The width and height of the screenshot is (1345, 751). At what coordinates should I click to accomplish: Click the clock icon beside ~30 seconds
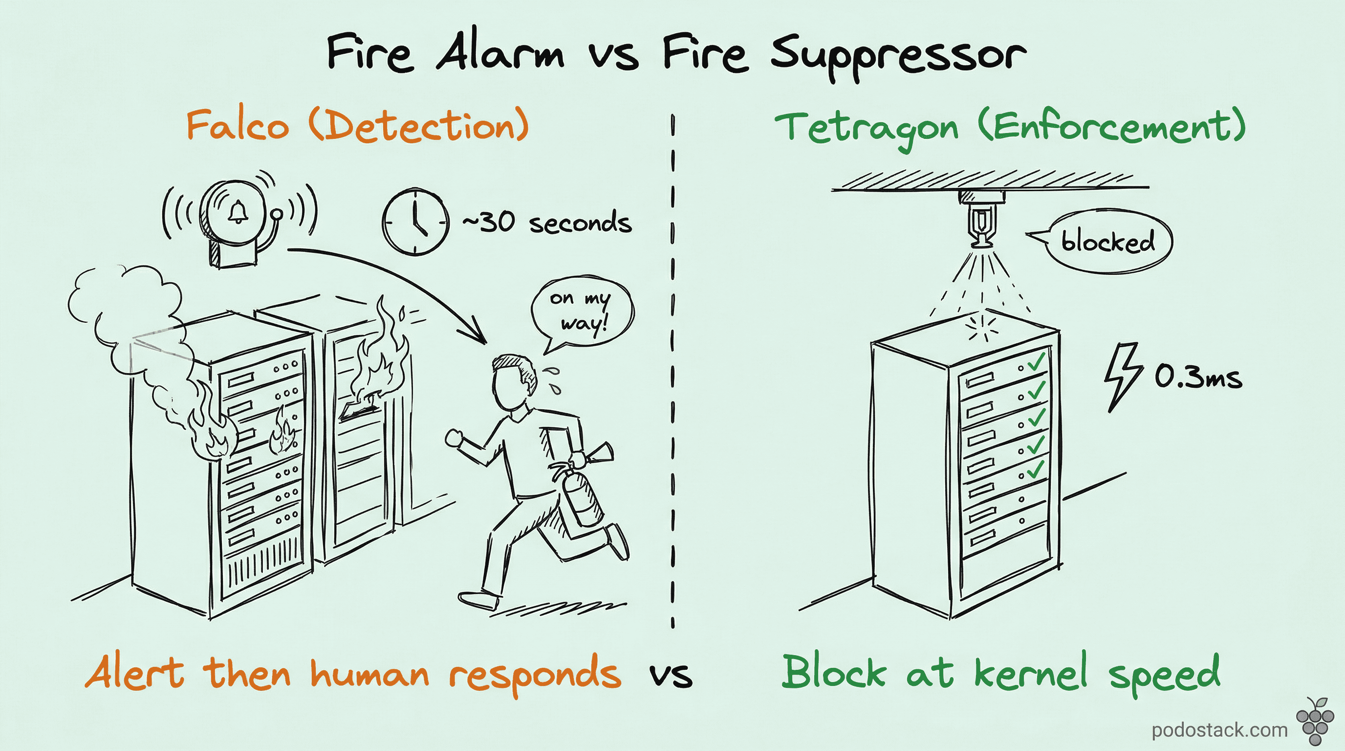click(415, 222)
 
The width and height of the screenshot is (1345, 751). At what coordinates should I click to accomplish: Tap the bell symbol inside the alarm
click(238, 212)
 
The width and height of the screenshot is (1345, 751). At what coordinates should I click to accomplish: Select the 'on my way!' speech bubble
click(581, 311)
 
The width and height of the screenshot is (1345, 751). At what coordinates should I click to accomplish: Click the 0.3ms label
click(1198, 377)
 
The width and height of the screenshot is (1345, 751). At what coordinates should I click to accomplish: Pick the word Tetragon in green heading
click(867, 128)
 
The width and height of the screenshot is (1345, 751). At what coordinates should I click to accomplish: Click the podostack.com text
click(1220, 729)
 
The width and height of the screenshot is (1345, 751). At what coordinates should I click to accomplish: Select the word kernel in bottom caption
click(1031, 673)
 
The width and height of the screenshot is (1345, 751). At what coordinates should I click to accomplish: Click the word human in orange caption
click(369, 674)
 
